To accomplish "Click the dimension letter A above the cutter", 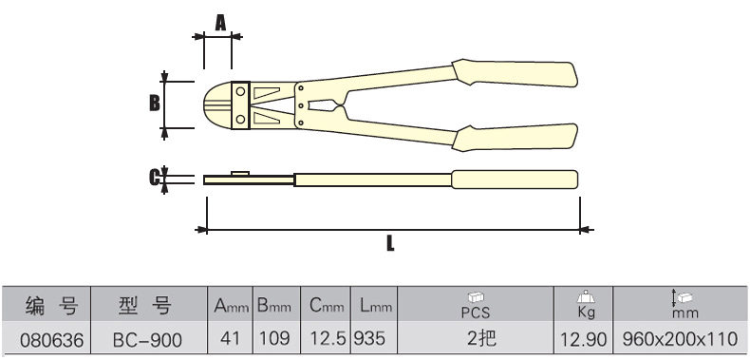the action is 220,23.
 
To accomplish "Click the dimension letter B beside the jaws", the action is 155,103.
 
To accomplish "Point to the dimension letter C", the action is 154,178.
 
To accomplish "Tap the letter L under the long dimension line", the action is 390,243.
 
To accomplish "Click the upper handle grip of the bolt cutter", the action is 515,73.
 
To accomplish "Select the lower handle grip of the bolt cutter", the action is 515,138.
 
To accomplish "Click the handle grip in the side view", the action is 515,180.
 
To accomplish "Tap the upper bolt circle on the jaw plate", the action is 240,91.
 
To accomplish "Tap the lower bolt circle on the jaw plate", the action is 240,118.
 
